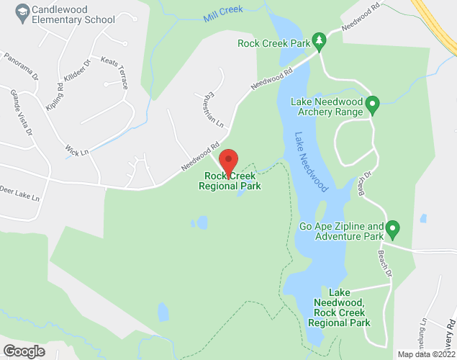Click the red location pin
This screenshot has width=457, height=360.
click(x=228, y=161)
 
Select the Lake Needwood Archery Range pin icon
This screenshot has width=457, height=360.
click(x=373, y=106)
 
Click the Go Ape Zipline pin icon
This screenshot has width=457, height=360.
click(x=392, y=230)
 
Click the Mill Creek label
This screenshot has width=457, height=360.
click(x=222, y=11)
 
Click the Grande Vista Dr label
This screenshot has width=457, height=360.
click(x=22, y=112)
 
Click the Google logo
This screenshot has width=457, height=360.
click(x=23, y=351)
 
